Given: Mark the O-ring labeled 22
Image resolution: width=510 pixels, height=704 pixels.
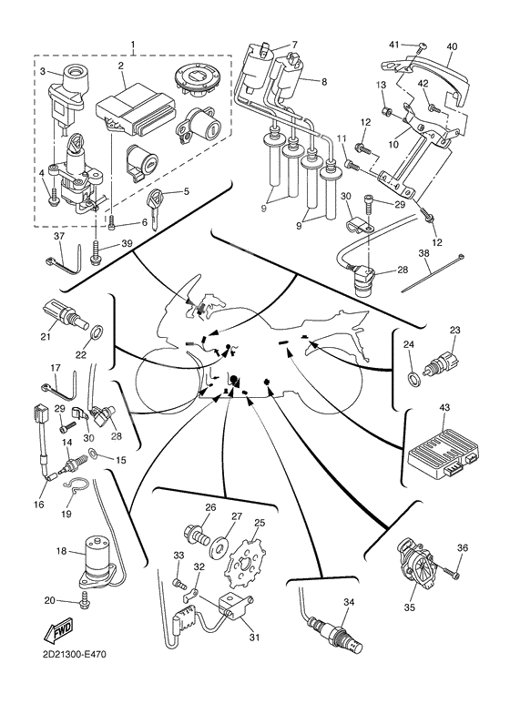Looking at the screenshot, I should coord(97,329).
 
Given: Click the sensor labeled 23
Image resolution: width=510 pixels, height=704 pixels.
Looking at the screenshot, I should coord(445,354).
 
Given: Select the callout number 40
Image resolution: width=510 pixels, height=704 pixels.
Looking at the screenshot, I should coord(452,46).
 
